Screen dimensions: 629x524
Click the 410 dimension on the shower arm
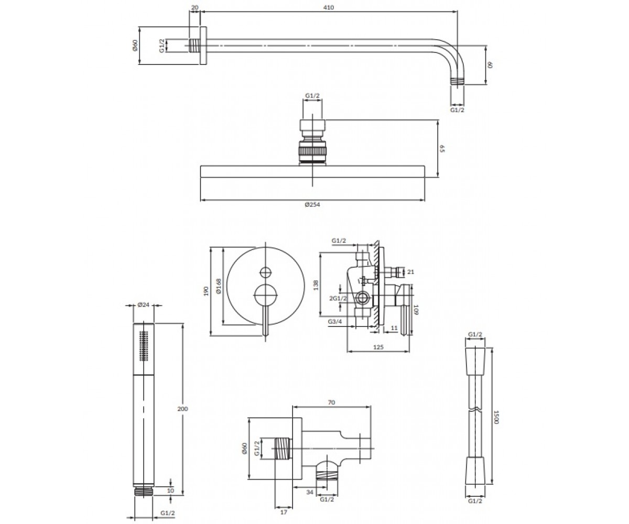329,7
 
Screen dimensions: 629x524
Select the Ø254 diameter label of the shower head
312,205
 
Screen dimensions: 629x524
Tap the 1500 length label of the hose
496,417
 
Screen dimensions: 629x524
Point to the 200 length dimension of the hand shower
182,409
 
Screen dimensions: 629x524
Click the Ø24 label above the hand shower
144,304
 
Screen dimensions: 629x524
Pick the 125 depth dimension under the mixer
378,347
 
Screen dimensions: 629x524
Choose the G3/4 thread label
335,321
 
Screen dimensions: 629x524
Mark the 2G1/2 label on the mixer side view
338,298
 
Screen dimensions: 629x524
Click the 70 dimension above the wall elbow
331,402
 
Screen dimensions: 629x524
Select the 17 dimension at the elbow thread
284,512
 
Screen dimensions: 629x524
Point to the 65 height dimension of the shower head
442,148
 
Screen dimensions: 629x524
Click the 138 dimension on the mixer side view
316,285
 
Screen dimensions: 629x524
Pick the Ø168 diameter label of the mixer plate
219,286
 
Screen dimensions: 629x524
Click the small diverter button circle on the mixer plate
265,272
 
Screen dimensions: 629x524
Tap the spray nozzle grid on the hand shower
144,346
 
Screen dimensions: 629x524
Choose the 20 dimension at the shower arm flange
194,7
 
